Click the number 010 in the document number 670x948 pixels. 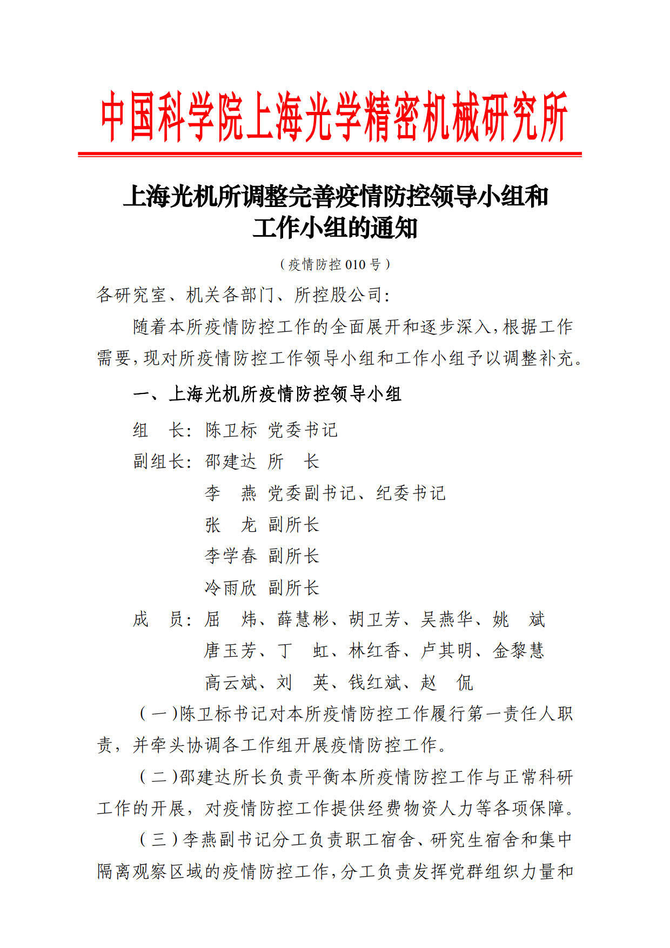[x=356, y=265]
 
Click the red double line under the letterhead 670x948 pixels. [x=330, y=155]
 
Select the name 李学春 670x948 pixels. [x=231, y=556]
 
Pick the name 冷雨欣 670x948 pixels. [x=231, y=588]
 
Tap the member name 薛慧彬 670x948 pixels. [x=303, y=619]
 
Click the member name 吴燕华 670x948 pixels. [x=447, y=619]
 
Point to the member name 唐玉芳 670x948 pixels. [x=231, y=651]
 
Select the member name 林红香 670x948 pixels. [x=374, y=651]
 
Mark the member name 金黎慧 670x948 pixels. [x=519, y=651]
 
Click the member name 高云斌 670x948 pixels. [x=231, y=683]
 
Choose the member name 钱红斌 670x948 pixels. [x=374, y=683]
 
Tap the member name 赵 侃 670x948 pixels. [x=447, y=683]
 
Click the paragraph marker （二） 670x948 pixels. [x=158, y=777]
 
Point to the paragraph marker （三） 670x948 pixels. [x=159, y=840]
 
